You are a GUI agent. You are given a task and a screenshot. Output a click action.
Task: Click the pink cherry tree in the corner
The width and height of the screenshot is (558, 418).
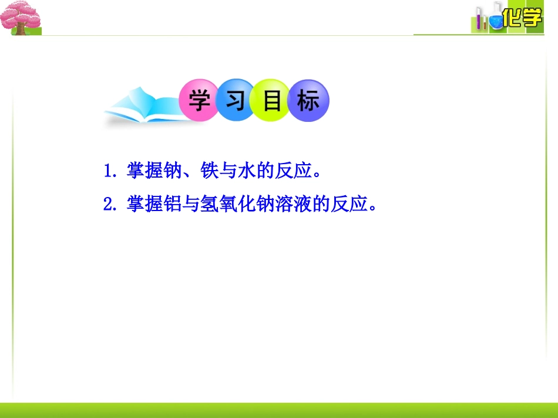[20, 16]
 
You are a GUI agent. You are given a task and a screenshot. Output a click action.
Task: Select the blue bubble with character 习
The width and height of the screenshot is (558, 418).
[236, 101]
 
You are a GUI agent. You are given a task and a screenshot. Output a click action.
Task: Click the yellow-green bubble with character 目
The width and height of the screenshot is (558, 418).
[272, 101]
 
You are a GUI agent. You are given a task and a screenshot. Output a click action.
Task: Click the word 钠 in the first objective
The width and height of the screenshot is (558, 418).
[170, 172]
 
